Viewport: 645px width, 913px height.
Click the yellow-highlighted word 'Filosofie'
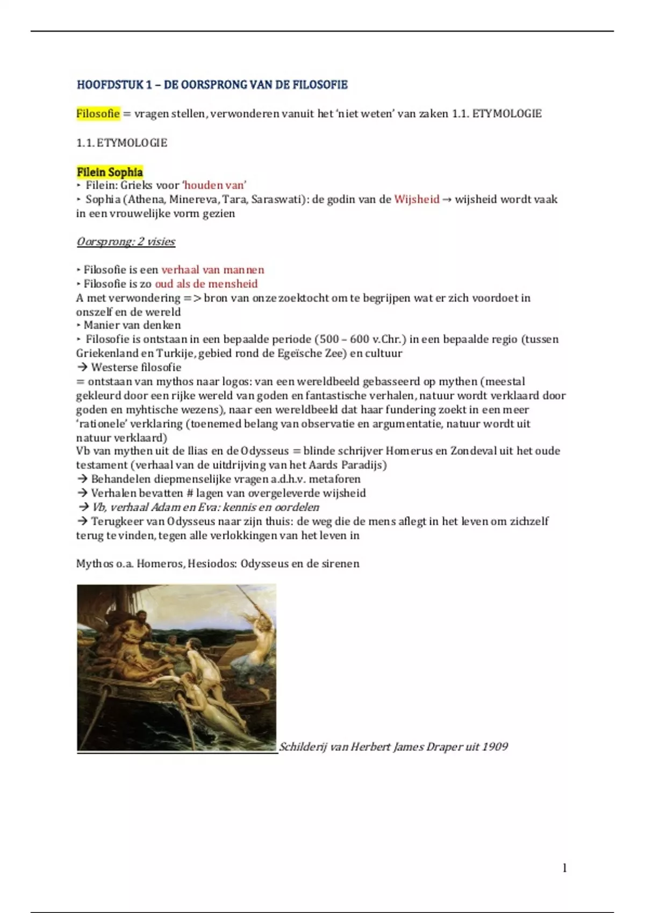click(x=98, y=114)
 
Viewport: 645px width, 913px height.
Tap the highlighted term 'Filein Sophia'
click(x=110, y=172)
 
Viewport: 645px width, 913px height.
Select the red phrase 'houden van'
click(x=214, y=186)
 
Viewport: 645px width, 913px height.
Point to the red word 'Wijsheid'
click(x=417, y=200)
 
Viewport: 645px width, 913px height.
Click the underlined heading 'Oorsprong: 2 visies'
click(x=126, y=242)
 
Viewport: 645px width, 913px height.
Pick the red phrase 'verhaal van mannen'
click(x=212, y=270)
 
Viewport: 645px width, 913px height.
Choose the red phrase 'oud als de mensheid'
click(x=206, y=284)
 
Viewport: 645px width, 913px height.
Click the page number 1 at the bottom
click(x=564, y=868)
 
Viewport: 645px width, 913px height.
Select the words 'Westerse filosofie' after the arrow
click(x=136, y=368)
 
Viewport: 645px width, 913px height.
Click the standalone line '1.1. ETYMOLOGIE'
click(x=121, y=143)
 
